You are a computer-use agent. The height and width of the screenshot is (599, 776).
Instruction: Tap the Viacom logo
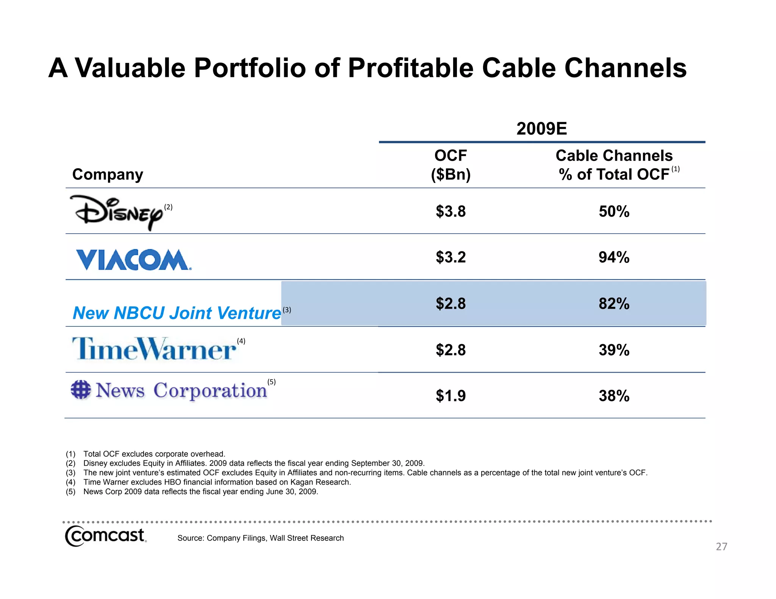click(x=133, y=260)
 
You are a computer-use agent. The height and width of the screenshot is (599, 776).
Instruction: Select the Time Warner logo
click(x=154, y=349)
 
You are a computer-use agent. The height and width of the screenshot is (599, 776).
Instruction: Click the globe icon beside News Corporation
click(x=81, y=390)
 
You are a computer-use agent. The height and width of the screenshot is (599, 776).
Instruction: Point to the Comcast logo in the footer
click(x=105, y=536)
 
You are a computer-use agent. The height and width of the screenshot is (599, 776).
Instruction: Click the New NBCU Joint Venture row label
click(x=177, y=313)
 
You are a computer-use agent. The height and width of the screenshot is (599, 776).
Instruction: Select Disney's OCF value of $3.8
click(x=451, y=211)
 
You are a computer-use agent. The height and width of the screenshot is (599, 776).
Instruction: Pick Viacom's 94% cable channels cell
click(x=614, y=257)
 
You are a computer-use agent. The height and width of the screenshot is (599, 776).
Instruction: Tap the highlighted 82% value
click(x=614, y=304)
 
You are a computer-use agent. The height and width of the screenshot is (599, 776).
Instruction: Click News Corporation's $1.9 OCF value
click(x=451, y=396)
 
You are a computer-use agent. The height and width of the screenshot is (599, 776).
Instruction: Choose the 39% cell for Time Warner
click(x=614, y=350)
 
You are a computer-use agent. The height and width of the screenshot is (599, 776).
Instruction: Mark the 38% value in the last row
click(x=614, y=396)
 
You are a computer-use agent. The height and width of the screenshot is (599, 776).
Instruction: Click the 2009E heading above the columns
click(x=541, y=129)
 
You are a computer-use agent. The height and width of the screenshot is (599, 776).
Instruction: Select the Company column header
click(x=108, y=174)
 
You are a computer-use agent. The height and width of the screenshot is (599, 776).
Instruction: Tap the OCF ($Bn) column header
click(x=451, y=165)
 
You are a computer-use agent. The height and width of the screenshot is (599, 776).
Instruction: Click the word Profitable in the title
click(x=411, y=68)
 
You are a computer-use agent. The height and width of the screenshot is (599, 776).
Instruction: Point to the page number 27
click(x=721, y=546)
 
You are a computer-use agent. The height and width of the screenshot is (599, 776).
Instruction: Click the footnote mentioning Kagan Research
click(x=217, y=482)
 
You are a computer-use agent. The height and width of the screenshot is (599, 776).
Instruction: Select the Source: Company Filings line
click(x=260, y=538)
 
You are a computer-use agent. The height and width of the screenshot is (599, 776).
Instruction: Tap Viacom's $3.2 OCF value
click(x=451, y=257)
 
